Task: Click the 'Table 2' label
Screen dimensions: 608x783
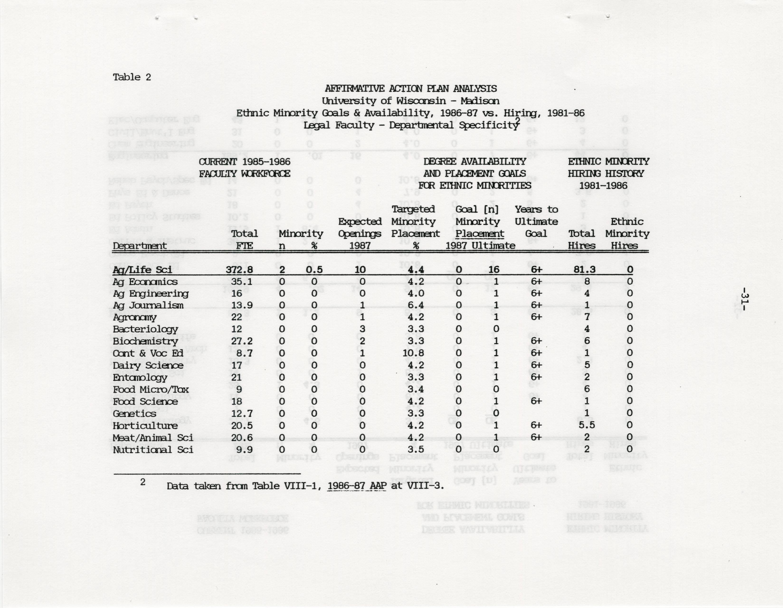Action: pyautogui.click(x=132, y=77)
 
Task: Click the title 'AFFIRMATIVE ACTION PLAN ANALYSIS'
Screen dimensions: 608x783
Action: pyautogui.click(x=411, y=89)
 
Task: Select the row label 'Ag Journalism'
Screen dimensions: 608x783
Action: pyautogui.click(x=148, y=306)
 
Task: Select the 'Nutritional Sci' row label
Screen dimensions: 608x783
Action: pyautogui.click(x=153, y=450)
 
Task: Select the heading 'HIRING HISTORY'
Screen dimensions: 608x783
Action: pyautogui.click(x=606, y=174)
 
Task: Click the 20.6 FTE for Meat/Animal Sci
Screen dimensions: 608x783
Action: pyautogui.click(x=242, y=438)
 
